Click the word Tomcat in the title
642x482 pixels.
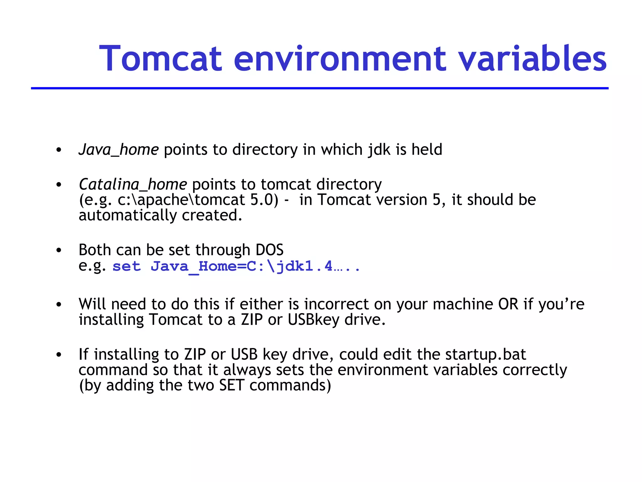point(160,59)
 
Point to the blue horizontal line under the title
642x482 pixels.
point(320,88)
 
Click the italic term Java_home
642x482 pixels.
point(119,150)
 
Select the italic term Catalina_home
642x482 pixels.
point(133,184)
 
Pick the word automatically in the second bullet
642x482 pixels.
point(128,215)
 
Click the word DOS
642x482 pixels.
point(269,250)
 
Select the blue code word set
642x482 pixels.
point(127,266)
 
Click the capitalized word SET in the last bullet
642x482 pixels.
point(231,385)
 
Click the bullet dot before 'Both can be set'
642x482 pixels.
point(59,250)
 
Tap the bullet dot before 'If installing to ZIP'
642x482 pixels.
point(59,355)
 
